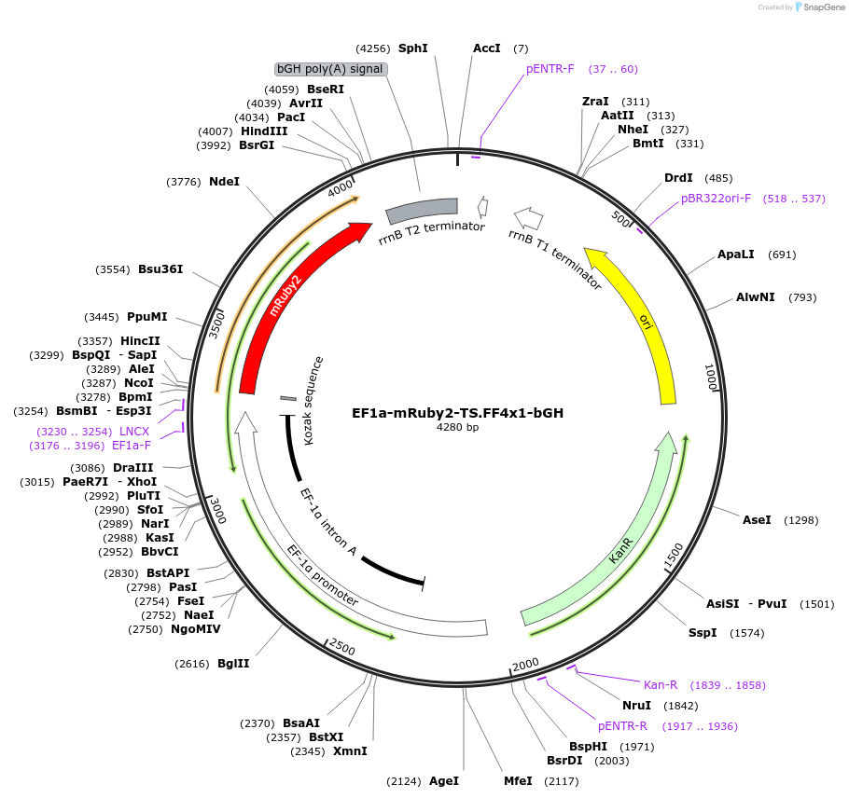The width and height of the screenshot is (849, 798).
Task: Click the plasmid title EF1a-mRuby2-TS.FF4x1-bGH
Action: pos(457,412)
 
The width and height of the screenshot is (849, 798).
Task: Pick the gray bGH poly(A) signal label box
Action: pos(331,69)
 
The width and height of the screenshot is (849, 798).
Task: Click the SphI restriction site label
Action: pos(412,48)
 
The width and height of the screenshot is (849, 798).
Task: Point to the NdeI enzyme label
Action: pos(224,181)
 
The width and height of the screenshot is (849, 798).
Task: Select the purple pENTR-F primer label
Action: pos(550,69)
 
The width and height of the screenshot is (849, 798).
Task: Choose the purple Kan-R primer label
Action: pos(660,684)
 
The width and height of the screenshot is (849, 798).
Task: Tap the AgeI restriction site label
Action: pos(443,780)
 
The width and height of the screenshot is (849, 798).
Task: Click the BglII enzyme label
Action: pos(233,664)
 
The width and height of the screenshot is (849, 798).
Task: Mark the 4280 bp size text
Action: pos(457,428)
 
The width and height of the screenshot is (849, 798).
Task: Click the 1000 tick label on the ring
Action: pos(710,378)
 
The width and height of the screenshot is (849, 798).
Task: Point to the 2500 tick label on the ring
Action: pos(342,647)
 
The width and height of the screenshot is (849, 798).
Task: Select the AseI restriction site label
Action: pos(757,519)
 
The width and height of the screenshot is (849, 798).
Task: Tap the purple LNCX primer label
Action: pos(134,432)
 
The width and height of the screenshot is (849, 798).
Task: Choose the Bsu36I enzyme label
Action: pos(160,269)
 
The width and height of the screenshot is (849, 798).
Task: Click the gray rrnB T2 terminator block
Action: pos(422,211)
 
